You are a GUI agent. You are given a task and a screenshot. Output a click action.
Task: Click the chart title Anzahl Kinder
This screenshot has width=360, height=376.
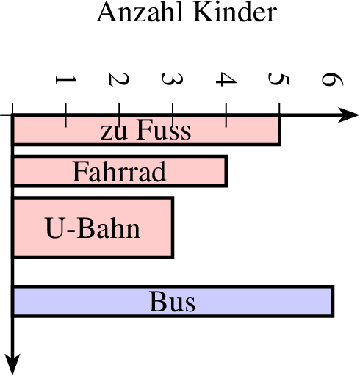[187, 12]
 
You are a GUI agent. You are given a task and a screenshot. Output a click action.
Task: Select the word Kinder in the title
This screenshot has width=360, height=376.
[235, 12]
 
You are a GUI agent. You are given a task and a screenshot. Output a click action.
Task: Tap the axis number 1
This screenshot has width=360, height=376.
[66, 79]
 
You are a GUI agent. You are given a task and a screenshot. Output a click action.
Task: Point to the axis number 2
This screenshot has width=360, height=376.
[118, 79]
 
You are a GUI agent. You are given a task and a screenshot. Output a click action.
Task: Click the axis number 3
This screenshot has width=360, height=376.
[172, 79]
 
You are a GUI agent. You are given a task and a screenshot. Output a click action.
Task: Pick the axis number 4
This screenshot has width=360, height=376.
[226, 79]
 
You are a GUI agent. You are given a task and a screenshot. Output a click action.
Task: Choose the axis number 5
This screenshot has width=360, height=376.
[279, 79]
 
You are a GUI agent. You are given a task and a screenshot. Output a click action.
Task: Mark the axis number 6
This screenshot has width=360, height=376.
[332, 79]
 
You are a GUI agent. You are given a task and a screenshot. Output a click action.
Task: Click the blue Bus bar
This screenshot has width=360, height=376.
[173, 301]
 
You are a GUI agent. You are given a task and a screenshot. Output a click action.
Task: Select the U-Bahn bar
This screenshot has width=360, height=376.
[93, 227]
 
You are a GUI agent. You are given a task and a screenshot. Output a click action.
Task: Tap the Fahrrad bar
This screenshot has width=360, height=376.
[120, 171]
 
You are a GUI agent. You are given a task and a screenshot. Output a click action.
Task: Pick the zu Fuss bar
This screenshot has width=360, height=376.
[146, 130]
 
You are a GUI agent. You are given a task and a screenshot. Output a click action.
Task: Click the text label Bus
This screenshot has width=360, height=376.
[172, 301]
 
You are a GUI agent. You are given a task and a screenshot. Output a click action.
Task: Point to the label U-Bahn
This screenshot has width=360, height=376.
[93, 228]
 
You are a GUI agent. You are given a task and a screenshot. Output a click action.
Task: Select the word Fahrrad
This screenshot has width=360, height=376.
[119, 171]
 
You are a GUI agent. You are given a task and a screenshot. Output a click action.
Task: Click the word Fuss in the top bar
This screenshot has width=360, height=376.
[164, 129]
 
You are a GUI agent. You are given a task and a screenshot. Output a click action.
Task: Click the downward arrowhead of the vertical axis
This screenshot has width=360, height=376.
[12, 364]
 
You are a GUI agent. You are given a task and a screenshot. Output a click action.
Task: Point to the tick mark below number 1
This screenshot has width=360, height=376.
[65, 115]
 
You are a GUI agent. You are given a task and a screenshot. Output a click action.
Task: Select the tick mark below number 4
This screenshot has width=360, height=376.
[226, 115]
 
